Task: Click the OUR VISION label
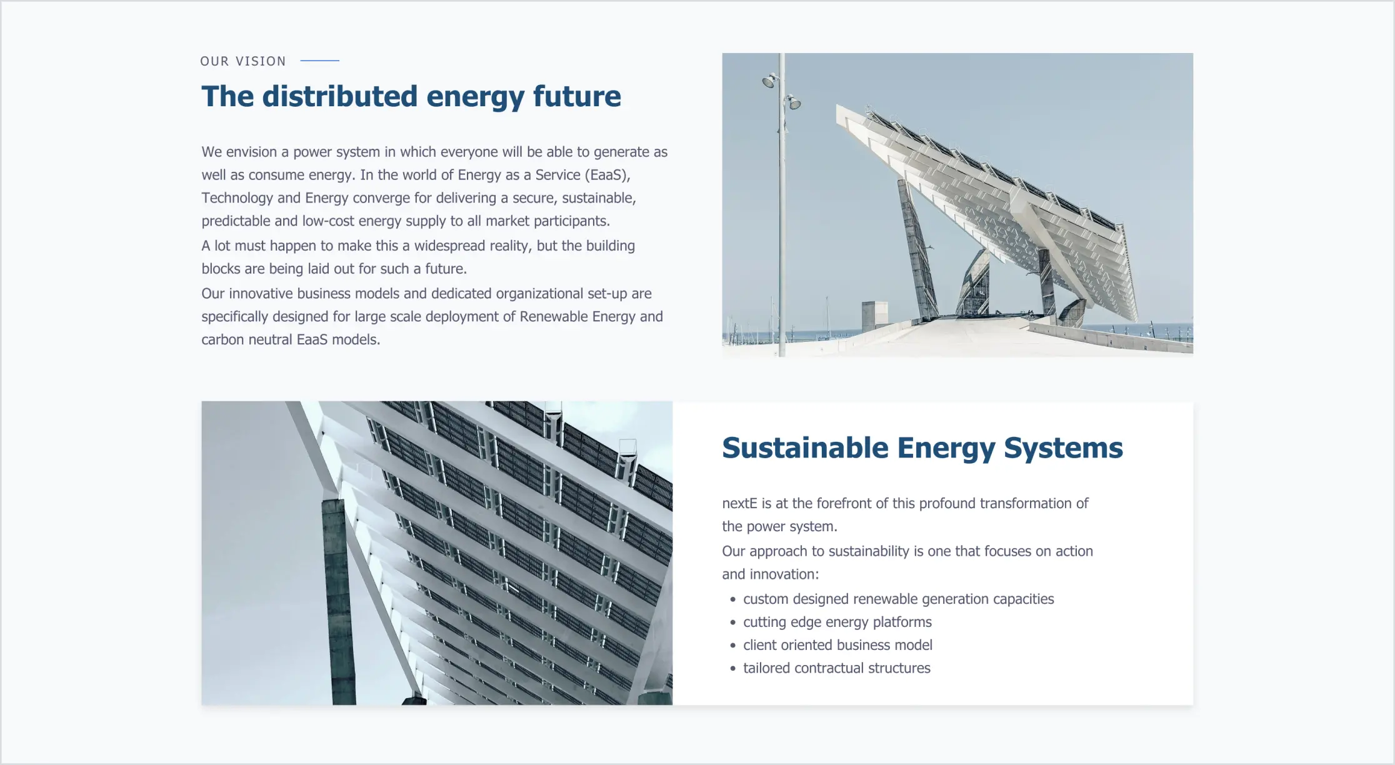[x=242, y=61]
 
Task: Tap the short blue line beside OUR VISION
[x=319, y=61]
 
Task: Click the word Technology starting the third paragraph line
[x=237, y=198]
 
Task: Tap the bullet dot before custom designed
[x=732, y=600]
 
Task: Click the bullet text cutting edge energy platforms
[x=837, y=622]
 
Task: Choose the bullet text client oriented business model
[x=837, y=645]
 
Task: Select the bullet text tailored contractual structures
[x=836, y=668]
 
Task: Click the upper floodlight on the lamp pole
[x=770, y=80]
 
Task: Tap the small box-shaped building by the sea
[x=874, y=316]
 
